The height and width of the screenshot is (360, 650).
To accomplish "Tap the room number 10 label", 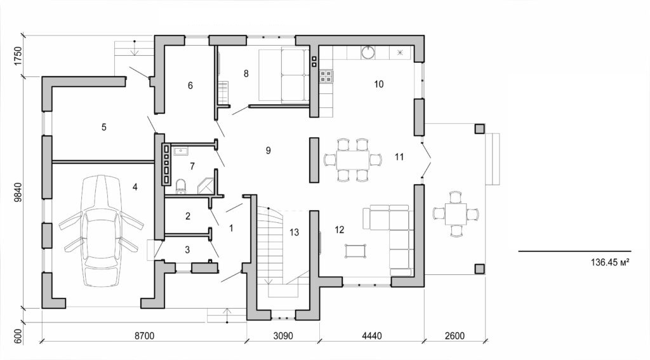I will (x=379, y=84).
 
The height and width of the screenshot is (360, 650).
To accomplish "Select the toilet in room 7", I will (x=181, y=185).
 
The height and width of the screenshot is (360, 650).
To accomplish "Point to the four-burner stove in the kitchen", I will (x=326, y=76).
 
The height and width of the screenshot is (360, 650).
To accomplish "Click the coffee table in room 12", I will (x=355, y=251).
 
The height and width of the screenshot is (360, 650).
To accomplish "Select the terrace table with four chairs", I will (x=455, y=214).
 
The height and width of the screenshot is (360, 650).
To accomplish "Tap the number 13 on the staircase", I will (x=293, y=232).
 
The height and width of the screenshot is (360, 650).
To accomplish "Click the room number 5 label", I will (x=103, y=127).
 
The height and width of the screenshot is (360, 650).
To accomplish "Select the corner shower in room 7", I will (x=206, y=185).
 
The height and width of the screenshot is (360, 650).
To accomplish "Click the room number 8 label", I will (x=246, y=73).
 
